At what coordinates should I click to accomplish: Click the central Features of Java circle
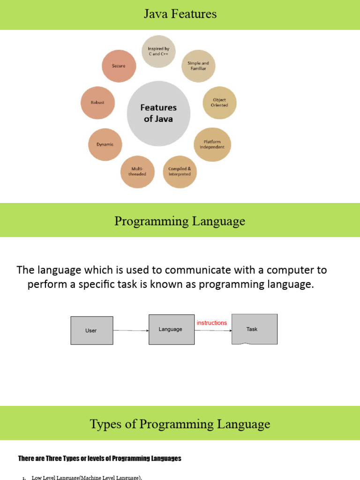tap(158, 113)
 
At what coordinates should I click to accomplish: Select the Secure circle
tap(119, 66)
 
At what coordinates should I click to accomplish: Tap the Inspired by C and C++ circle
tap(158, 51)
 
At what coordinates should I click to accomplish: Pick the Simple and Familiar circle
tap(198, 66)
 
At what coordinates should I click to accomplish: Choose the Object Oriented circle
tap(219, 103)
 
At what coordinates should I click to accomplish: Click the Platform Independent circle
tap(212, 144)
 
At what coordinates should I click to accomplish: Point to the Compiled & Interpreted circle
tap(180, 172)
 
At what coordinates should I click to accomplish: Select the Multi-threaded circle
tap(137, 172)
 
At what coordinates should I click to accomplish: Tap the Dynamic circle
tap(105, 144)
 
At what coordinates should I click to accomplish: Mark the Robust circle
tap(97, 103)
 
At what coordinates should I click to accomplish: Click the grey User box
tap(91, 330)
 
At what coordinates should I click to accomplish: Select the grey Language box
tap(171, 330)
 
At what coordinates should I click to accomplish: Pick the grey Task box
tap(254, 329)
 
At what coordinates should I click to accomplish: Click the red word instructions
tap(212, 323)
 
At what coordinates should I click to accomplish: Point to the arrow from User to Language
tap(131, 331)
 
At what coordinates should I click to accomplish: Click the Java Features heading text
tap(180, 14)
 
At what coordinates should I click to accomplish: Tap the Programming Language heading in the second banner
tap(180, 221)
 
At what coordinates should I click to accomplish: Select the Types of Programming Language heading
tap(180, 424)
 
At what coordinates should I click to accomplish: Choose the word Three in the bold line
tap(55, 458)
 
